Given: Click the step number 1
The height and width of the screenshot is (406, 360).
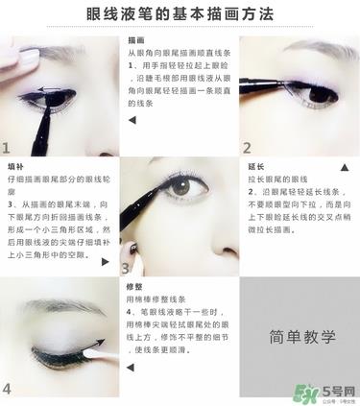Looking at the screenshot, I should pos(7,148).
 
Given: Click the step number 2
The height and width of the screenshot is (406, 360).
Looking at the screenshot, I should pos(247,148).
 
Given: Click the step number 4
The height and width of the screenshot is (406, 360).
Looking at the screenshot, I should pos(7,389).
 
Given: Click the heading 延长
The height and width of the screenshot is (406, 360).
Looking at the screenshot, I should pos(256,166).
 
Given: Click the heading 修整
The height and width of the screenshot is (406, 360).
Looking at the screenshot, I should pos(134,286).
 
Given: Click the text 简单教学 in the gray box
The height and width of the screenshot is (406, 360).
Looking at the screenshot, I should pos(299,338).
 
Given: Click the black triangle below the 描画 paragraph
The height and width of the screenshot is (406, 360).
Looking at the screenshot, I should pos(132,120).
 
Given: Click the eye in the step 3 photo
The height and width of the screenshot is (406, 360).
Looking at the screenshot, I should pos(180,189).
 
